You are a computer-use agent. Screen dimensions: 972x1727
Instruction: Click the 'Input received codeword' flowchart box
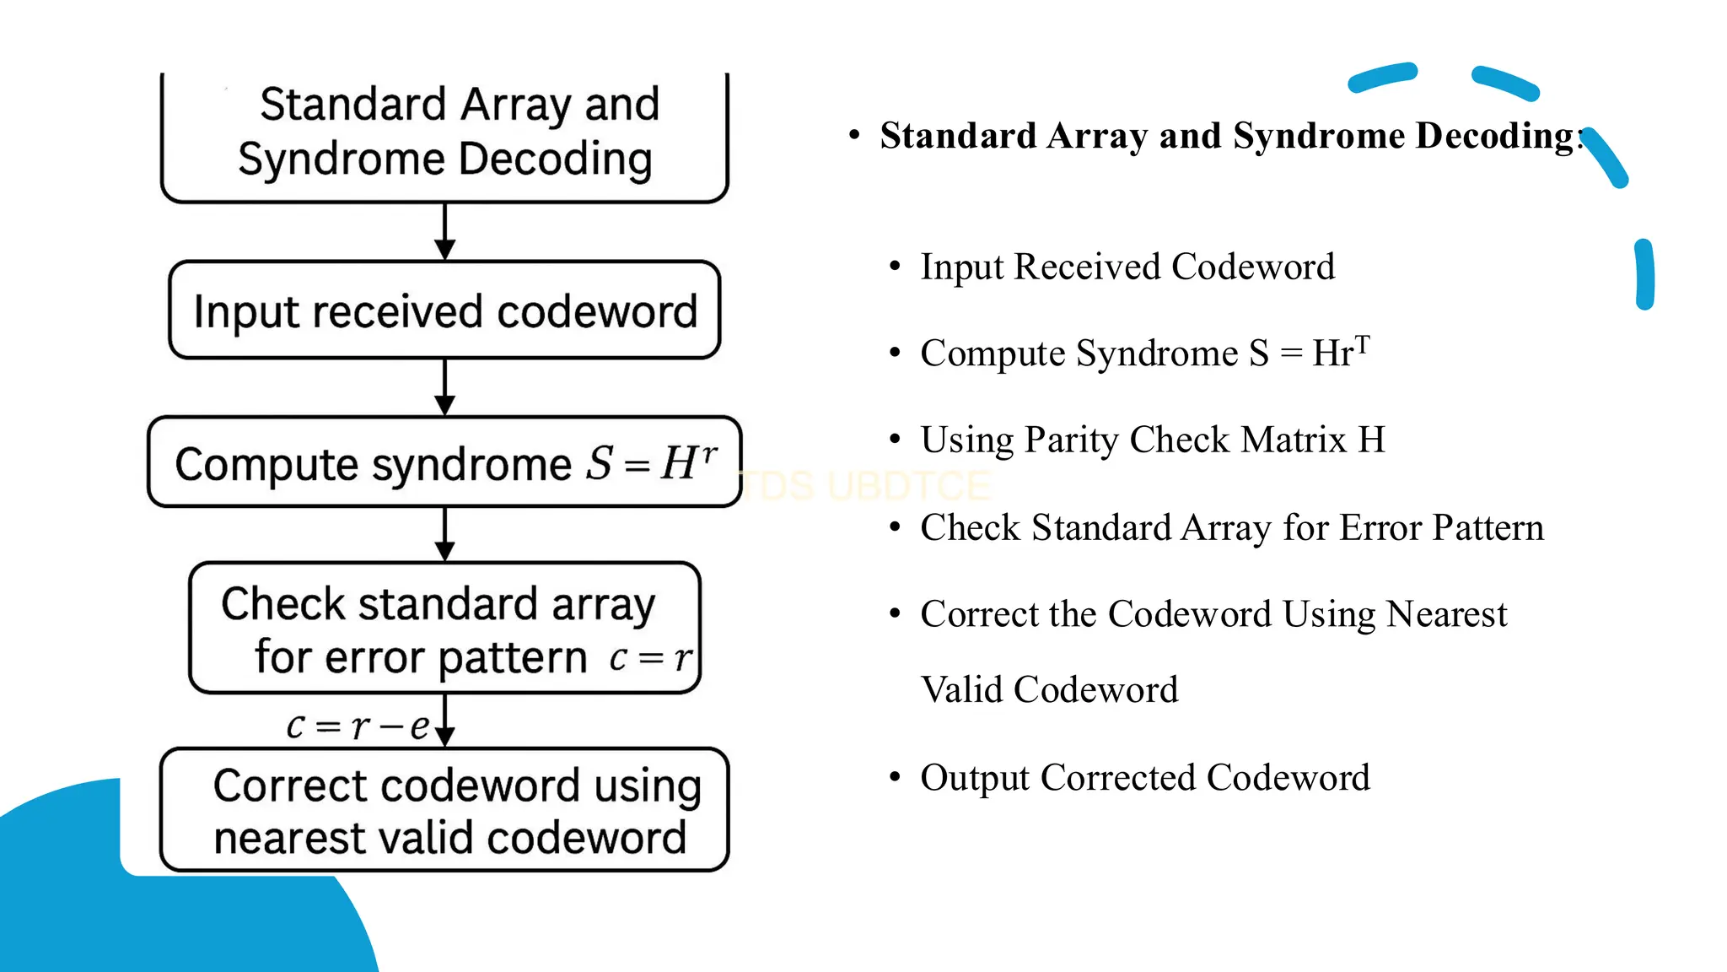pos(444,310)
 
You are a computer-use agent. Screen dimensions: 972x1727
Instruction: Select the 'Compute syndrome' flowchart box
pos(444,462)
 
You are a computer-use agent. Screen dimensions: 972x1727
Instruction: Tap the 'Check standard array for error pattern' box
pos(444,629)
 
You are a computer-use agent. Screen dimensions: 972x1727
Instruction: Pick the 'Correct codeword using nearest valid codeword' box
pos(444,810)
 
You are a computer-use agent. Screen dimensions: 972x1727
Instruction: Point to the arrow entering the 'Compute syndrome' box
pos(444,387)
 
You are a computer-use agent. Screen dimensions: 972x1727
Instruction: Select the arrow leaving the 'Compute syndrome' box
pos(444,534)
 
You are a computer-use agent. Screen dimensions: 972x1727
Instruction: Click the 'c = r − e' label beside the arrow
pos(358,726)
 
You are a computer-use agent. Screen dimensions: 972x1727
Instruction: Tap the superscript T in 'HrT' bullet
pos(1362,343)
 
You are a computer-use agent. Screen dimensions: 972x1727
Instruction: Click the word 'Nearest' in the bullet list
pos(1447,614)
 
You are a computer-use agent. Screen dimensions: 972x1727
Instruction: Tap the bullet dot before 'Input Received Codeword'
pos(896,267)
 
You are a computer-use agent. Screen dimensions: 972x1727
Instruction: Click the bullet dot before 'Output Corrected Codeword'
pos(896,777)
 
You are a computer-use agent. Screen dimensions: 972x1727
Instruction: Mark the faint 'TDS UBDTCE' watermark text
pos(867,486)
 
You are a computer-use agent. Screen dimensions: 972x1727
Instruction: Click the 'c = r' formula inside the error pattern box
pos(650,657)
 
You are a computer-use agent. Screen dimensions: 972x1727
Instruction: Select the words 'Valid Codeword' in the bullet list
pos(1049,690)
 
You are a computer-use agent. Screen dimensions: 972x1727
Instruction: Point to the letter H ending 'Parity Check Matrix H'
pos(1371,440)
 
